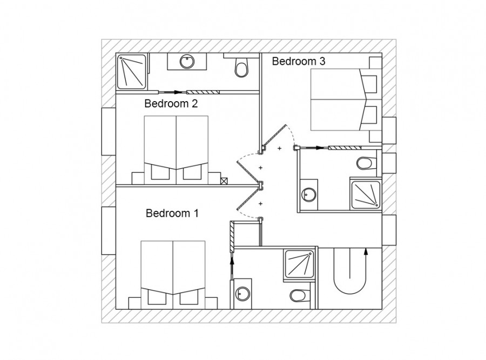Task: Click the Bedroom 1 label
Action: tap(172, 213)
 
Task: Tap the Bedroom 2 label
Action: tap(171, 103)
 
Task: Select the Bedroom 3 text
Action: tap(299, 61)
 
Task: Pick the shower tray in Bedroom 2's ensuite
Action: tap(131, 72)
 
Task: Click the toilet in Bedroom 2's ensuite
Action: tap(241, 66)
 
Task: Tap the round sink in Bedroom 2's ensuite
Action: tap(187, 61)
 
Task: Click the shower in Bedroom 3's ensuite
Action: tap(366, 195)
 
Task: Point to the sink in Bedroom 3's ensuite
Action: tap(309, 195)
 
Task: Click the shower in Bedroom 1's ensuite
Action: tap(299, 264)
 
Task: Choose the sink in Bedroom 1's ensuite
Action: tap(242, 294)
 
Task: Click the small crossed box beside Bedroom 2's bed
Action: tap(224, 181)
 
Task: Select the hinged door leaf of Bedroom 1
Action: tap(248, 200)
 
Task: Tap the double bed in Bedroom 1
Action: tap(173, 275)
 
